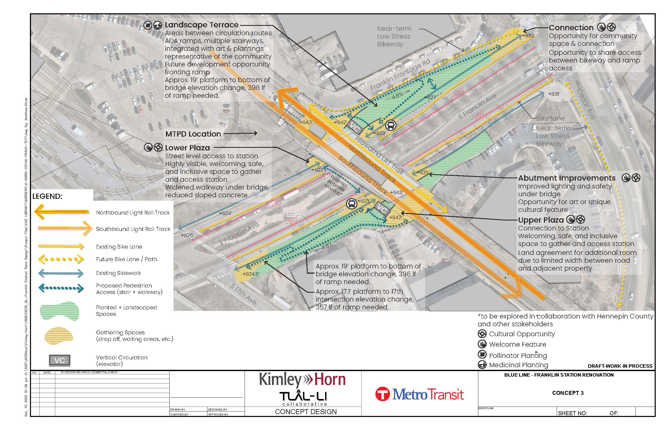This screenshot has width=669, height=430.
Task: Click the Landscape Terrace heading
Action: (x=202, y=25)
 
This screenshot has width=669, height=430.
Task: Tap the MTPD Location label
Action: (x=193, y=134)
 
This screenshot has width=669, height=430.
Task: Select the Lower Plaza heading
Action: (x=187, y=148)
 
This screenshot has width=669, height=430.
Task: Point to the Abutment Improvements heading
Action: (x=567, y=178)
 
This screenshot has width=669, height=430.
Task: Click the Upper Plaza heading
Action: (x=541, y=220)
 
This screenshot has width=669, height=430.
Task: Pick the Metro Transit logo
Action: (x=419, y=394)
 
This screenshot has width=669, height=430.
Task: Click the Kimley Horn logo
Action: (x=302, y=380)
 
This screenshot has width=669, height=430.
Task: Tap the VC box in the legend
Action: (x=59, y=360)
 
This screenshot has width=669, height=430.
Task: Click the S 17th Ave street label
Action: (x=243, y=294)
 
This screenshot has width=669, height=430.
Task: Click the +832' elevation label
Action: (x=528, y=35)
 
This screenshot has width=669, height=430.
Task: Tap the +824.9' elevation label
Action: (x=251, y=274)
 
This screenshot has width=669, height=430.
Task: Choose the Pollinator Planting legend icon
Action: (x=482, y=355)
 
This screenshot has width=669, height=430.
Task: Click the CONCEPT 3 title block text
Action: (x=568, y=393)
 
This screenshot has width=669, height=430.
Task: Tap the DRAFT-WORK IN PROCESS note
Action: (x=620, y=366)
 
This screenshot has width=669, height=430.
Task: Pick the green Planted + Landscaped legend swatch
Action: (x=59, y=310)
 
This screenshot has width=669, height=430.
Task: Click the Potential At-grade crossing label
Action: (x=337, y=185)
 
